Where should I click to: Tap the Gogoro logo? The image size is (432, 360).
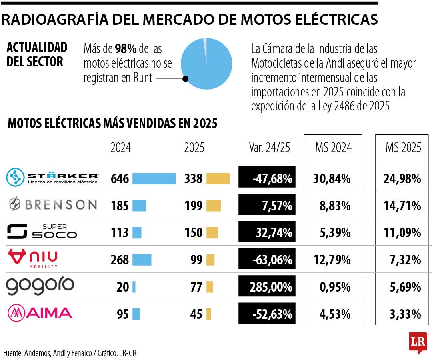coord(40,286)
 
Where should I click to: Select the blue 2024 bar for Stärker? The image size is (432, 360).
coord(154,178)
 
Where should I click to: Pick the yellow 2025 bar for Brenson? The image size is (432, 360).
coord(214,206)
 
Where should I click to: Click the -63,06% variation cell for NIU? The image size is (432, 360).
coord(267,260)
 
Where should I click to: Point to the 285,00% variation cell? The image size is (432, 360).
coord(267,287)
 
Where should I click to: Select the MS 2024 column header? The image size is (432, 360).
coord(333,148)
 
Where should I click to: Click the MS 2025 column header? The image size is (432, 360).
coord(403,148)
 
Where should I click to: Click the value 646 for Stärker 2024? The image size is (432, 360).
coord(120,178)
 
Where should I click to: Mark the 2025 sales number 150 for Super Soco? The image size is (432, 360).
coord(193,233)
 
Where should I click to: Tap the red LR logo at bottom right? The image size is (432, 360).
coord(418,342)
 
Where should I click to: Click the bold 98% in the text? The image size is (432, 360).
coord(126,49)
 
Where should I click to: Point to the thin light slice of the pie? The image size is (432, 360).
coord(205,44)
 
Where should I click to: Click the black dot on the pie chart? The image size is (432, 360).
coord(185,79)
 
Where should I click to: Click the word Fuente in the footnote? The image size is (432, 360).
coord(12,353)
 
